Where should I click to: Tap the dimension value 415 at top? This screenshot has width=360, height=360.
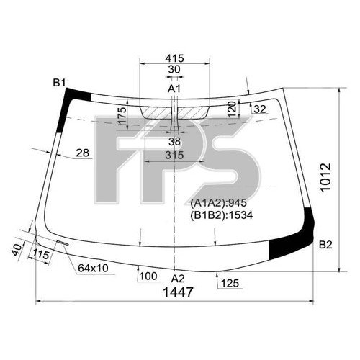(x=174, y=57)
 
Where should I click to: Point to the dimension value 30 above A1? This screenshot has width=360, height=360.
(x=174, y=69)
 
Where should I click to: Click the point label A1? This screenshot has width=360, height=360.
(x=174, y=88)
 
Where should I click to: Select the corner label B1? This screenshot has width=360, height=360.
(x=59, y=83)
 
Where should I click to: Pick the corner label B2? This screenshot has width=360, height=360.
(x=325, y=245)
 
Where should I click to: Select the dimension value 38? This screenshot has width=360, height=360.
(x=174, y=141)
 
